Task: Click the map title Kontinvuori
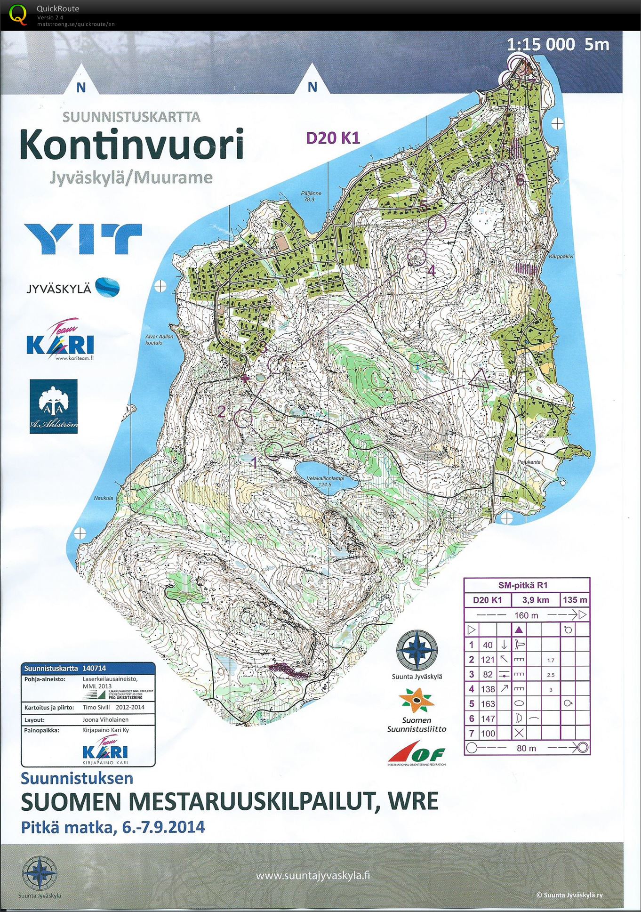[132, 144]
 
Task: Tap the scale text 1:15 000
[541, 45]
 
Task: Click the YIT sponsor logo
[83, 239]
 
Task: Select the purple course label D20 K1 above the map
[333, 138]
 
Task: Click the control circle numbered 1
[273, 451]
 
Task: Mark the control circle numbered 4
[416, 257]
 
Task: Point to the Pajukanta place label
[529, 462]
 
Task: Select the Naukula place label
[103, 498]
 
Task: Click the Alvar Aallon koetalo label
[160, 339]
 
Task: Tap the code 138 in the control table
[488, 689]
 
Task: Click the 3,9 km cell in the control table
[536, 600]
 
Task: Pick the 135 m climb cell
[575, 600]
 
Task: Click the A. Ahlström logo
[54, 406]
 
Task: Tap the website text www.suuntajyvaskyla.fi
[312, 876]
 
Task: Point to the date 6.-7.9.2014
[160, 827]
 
